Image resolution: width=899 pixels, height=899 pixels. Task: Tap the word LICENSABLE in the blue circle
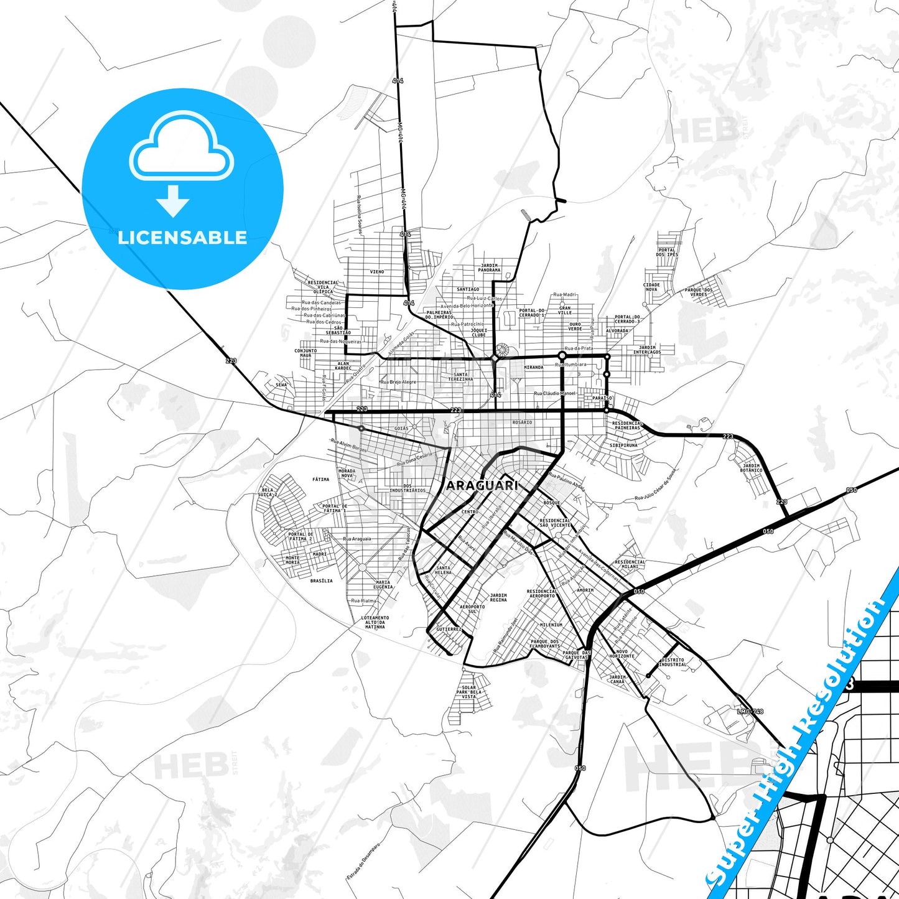182,237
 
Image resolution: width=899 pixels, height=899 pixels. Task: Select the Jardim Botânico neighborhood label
752,468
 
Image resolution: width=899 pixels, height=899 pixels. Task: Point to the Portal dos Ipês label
666,252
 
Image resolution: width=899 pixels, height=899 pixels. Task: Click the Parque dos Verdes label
699,292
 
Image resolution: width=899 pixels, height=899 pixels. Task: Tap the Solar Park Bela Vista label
468,692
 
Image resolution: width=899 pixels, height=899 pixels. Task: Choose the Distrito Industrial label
673,662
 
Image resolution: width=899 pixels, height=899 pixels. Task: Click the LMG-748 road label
750,711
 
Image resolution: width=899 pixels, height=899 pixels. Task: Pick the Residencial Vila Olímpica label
324,287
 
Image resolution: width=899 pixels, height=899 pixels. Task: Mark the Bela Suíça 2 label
268,492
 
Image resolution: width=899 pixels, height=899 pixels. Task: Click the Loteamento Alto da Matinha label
375,622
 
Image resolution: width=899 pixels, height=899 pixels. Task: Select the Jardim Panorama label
490,268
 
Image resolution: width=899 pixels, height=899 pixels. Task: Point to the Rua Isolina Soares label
360,215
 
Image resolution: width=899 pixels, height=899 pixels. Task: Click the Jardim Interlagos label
647,350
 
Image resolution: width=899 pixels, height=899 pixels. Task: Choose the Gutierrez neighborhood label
449,629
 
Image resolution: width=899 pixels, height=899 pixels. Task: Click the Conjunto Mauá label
305,352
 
